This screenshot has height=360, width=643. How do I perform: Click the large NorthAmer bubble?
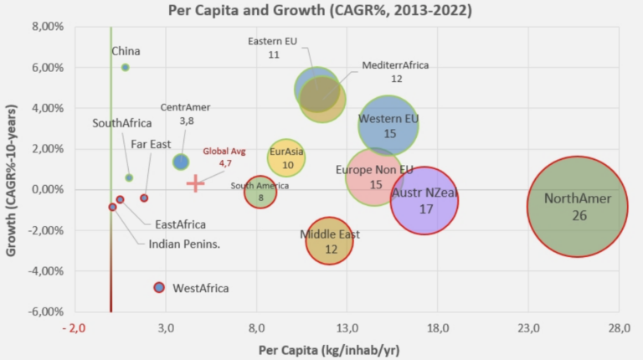tap(577, 206)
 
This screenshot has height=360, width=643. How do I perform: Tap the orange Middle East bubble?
tap(330, 239)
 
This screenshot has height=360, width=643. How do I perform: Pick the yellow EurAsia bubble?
tap(287, 157)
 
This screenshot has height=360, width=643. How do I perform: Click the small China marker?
tap(126, 67)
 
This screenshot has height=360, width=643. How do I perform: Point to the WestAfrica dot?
tap(159, 287)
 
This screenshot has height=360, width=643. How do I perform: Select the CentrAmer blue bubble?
tap(180, 162)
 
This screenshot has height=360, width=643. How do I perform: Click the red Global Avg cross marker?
tap(195, 183)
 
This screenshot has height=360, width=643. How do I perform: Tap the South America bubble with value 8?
tap(260, 193)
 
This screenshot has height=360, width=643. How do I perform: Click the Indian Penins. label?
tap(184, 244)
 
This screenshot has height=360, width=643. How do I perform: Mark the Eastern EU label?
tap(274, 41)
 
